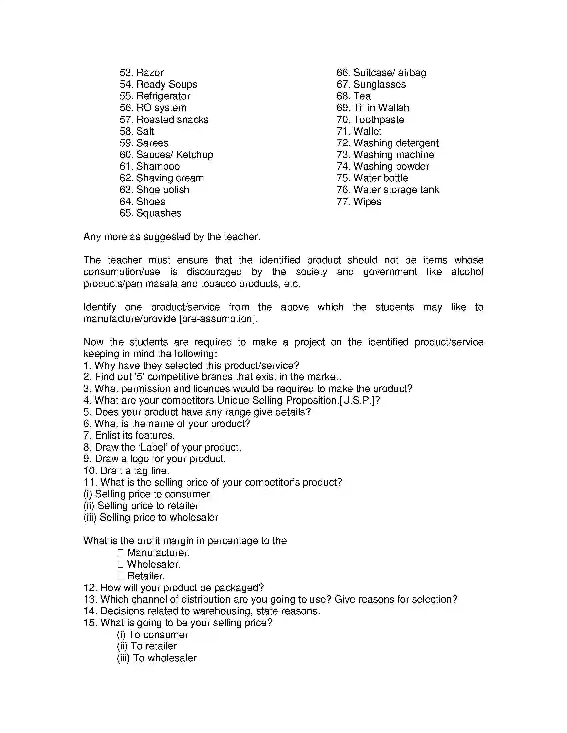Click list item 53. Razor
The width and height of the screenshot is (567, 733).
pos(141,73)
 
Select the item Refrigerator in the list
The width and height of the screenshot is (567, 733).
pos(163,96)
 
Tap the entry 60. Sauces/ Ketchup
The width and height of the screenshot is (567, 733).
pos(166,154)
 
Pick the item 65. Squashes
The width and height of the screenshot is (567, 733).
pos(150,213)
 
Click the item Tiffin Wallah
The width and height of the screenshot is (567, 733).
pos(381,108)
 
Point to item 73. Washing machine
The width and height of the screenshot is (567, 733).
pos(385,154)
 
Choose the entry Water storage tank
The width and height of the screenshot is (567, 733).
pos(396,190)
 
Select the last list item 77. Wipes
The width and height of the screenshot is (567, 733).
pos(359,201)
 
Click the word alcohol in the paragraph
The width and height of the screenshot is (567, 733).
pos(467,272)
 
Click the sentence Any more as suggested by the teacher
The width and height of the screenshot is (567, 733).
pos(172,237)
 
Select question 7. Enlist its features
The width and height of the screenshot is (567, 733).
pos(129,436)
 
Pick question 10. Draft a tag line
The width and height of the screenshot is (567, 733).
pos(126,470)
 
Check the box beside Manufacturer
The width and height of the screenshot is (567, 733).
pos(121,553)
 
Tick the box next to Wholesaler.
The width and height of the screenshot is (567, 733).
pos(121,564)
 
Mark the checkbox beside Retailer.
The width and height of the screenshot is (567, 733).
pos(121,576)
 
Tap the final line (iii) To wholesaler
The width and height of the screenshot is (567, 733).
pos(156,658)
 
